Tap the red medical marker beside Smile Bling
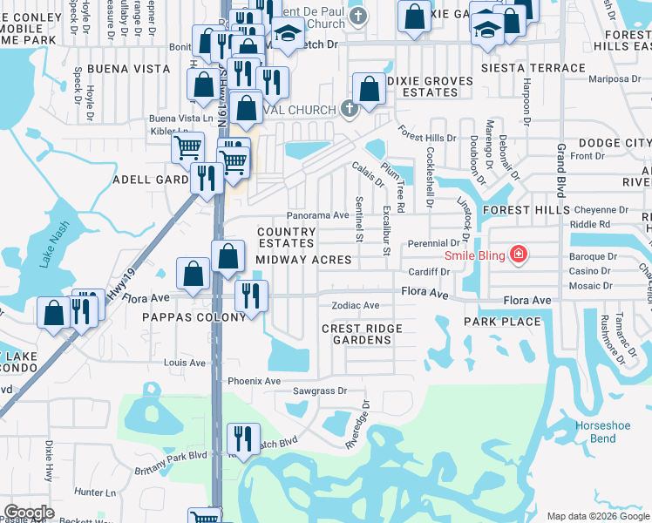click(x=519, y=255)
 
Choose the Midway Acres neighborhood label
click(x=303, y=260)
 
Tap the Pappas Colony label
click(x=194, y=317)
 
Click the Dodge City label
click(x=613, y=142)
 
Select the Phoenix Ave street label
click(x=254, y=381)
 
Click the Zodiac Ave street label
click(x=355, y=306)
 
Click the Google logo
click(x=30, y=513)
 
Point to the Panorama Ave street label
click(x=317, y=215)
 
